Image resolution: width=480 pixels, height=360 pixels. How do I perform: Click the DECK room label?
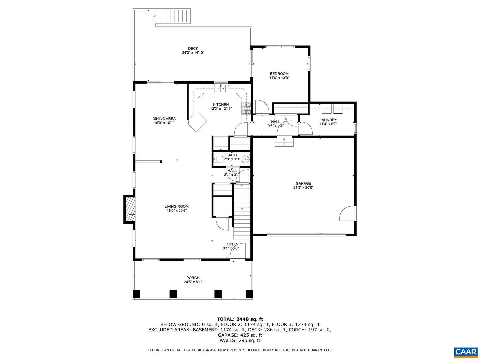click(193, 49)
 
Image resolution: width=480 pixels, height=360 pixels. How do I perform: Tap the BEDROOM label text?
click(279, 74)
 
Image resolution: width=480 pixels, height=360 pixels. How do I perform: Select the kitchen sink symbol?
click(221, 88)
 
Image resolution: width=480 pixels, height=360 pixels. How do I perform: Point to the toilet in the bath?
click(219, 159)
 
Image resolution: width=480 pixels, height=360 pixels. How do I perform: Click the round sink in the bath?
click(246, 159)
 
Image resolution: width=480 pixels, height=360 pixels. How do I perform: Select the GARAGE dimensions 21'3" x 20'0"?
click(303, 188)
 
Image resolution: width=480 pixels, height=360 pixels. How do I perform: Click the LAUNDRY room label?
click(328, 120)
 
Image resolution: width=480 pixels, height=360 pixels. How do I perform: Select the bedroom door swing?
click(262, 107)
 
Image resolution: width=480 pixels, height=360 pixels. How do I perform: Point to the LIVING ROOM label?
click(176, 206)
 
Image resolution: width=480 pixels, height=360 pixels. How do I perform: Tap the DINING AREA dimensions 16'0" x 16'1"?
click(164, 123)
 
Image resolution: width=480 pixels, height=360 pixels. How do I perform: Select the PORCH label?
click(193, 278)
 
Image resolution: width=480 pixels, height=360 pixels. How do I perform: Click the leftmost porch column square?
click(136, 294)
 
